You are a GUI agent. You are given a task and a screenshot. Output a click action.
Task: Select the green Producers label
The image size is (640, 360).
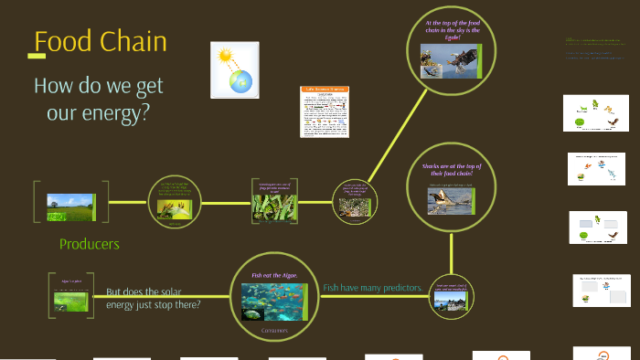89,244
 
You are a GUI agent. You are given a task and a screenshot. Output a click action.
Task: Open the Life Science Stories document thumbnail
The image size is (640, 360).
325,111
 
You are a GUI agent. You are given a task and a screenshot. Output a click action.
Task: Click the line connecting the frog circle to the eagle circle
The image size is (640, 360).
385,146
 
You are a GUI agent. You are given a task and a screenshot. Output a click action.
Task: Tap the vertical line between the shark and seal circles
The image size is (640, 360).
450,251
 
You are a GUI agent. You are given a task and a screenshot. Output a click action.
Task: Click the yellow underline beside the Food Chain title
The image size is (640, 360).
37,56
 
